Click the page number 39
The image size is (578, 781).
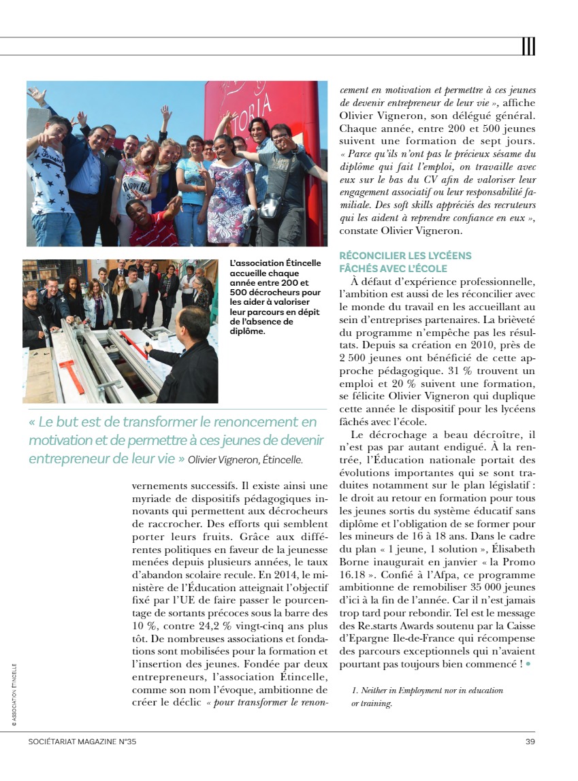(530, 742)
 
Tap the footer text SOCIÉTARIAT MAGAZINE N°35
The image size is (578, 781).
(82, 742)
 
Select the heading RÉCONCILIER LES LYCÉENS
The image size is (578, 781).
(405, 256)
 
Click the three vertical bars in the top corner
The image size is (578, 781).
(528, 46)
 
